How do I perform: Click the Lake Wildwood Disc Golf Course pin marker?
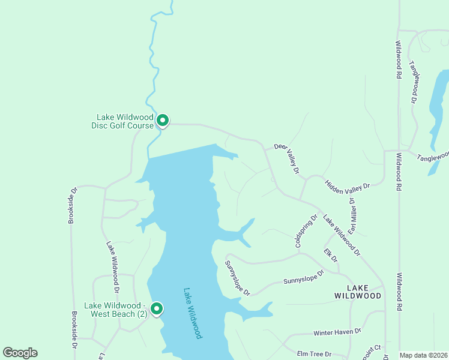tap(162, 121)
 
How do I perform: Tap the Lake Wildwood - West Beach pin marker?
tap(156, 309)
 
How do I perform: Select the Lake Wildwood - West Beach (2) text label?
tap(116, 310)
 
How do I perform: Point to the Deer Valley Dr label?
tap(286, 158)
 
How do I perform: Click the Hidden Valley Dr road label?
tap(348, 186)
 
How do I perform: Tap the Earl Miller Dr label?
tap(353, 216)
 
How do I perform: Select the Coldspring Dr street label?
tap(306, 232)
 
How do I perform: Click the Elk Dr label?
tap(331, 255)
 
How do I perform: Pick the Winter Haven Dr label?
tap(337, 332)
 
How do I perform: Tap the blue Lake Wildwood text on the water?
tap(193, 313)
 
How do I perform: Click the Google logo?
tap(20, 353)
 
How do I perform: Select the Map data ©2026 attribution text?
tap(423, 355)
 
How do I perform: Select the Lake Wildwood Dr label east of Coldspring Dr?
tap(341, 235)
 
